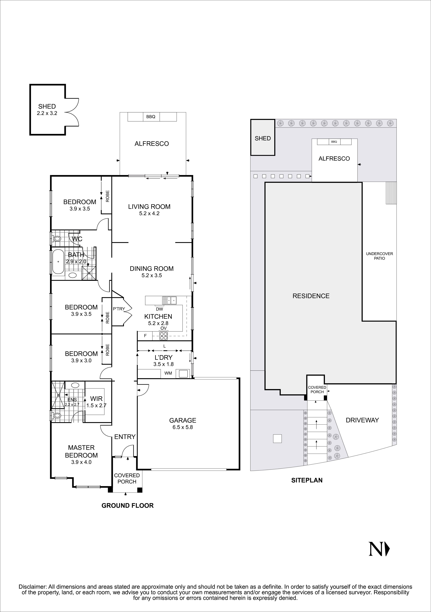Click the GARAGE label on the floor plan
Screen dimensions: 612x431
183,420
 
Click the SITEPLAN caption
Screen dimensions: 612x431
307,480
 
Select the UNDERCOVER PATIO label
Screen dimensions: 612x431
379,256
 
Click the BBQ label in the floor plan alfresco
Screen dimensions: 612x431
151,117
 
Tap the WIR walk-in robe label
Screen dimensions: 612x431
96,399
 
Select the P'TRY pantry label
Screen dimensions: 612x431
119,309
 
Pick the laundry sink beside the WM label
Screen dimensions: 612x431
184,373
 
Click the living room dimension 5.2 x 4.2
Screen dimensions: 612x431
149,214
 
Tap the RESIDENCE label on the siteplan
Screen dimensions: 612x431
311,296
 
